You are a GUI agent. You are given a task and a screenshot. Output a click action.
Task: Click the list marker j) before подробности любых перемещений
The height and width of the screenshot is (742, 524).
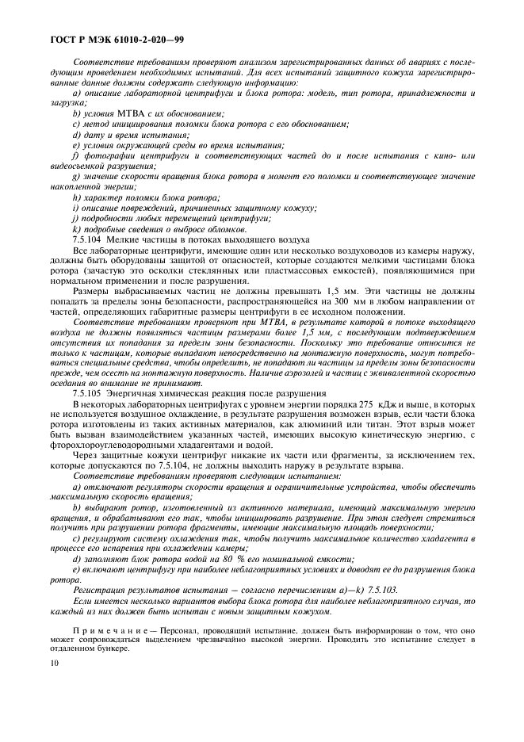(x=75, y=218)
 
